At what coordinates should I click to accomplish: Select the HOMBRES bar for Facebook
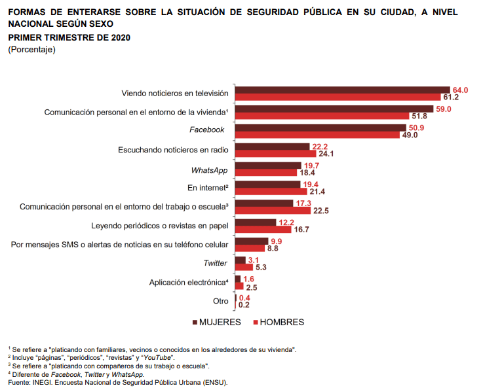pos(317,135)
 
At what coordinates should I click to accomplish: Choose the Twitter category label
pos(216,263)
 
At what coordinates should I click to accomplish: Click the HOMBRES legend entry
pos(278,322)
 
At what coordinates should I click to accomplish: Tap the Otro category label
pos(220,301)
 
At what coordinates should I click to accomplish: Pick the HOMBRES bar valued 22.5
pos(269,211)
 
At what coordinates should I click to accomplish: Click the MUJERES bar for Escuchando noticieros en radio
pos(272,147)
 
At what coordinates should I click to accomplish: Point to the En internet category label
pos(207,188)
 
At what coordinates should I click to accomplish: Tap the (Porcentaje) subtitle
pos(32,49)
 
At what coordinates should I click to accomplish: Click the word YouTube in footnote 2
pos(159,357)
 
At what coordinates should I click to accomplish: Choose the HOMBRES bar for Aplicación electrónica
pos(239,286)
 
